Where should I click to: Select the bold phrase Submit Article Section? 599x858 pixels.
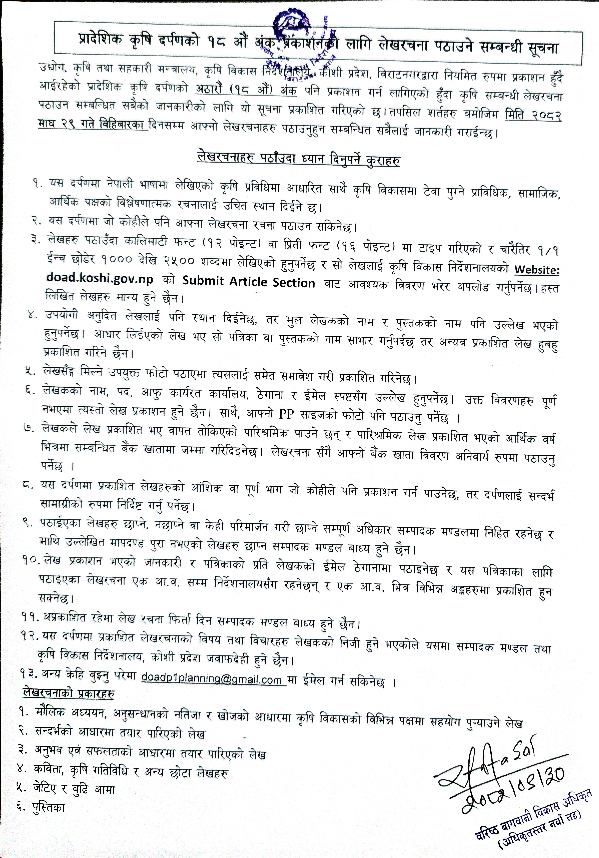coord(249,282)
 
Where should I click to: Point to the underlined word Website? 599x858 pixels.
coord(537,269)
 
